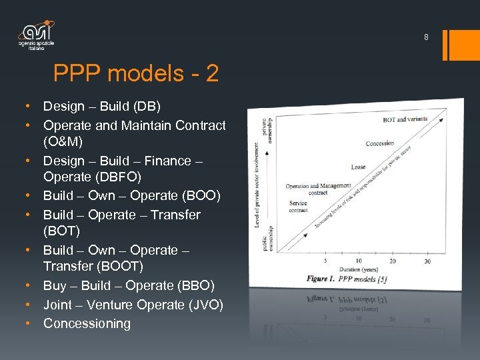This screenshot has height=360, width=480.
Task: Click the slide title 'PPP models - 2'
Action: (x=135, y=73)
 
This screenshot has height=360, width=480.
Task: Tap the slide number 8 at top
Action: (x=426, y=37)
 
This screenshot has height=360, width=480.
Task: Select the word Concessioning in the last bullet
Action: (x=87, y=323)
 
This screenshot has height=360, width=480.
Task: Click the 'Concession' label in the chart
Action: (x=380, y=143)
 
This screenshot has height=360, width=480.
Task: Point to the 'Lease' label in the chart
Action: (x=358, y=167)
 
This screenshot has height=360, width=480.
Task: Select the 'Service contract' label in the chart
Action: (x=298, y=206)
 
